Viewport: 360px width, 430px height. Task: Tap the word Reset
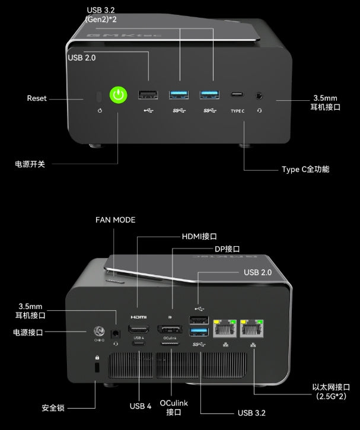(37, 98)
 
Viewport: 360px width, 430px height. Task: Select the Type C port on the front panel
(237, 94)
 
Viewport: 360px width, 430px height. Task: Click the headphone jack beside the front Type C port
(259, 94)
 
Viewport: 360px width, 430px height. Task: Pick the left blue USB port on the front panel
(179, 94)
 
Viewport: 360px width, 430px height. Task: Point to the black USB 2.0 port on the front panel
(148, 94)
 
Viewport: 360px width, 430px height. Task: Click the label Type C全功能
(305, 169)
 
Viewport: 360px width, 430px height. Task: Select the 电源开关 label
(30, 163)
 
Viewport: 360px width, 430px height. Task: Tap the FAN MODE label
(115, 220)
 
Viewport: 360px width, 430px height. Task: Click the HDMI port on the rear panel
(139, 330)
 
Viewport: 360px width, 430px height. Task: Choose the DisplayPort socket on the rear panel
(169, 329)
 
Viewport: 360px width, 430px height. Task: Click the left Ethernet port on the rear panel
(224, 327)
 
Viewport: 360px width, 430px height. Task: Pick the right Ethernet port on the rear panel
(252, 327)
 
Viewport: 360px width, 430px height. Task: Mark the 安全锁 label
(53, 408)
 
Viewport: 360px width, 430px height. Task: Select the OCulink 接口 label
(173, 407)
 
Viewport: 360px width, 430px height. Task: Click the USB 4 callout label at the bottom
(141, 406)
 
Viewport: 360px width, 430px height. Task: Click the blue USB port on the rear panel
(199, 332)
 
